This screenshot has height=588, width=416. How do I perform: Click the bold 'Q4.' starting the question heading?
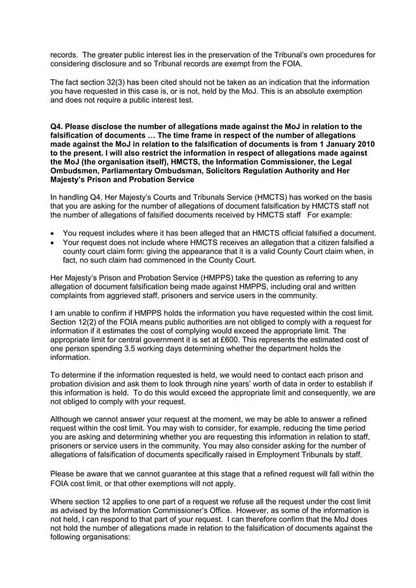coord(59,126)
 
